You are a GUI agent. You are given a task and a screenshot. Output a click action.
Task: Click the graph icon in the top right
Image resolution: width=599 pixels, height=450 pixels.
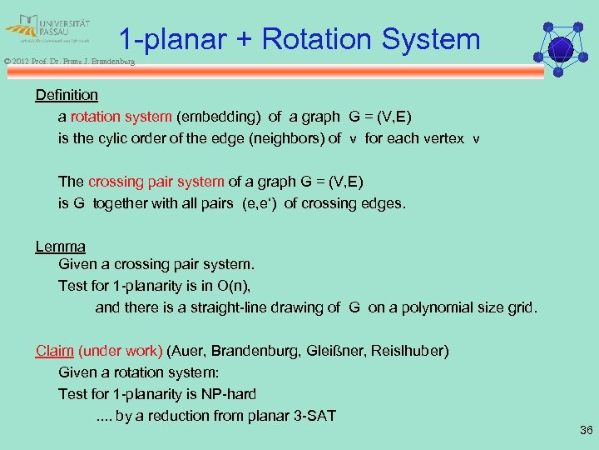562,47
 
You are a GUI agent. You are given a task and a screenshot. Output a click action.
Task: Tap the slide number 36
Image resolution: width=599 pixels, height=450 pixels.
585,431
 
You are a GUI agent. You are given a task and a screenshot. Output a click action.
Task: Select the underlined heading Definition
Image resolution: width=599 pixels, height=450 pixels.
67,95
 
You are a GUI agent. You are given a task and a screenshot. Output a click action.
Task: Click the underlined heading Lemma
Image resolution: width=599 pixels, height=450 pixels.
60,246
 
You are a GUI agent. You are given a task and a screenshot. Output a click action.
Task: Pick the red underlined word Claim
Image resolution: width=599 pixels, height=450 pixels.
54,350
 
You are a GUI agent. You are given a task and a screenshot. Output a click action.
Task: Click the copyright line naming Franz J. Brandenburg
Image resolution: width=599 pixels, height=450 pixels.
67,61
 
